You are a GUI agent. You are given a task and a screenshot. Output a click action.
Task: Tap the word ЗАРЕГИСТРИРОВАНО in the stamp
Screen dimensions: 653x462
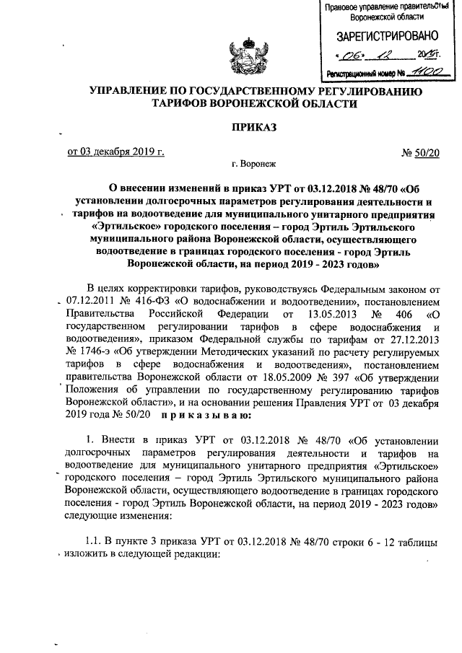pos(378,36)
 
